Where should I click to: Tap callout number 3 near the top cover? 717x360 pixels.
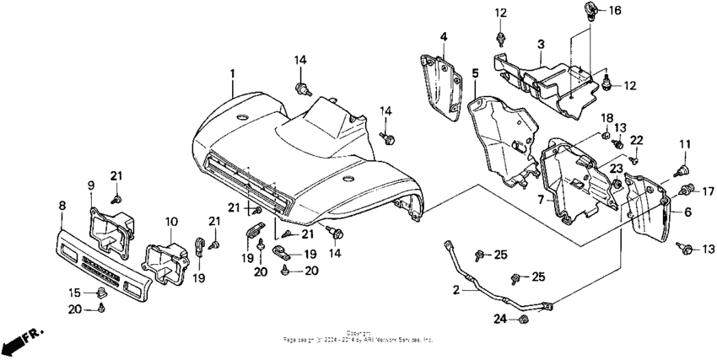(541, 44)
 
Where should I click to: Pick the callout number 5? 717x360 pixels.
(475, 74)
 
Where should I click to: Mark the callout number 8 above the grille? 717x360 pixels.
(62, 205)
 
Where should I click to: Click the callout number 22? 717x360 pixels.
(637, 139)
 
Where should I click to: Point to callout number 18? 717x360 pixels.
(607, 116)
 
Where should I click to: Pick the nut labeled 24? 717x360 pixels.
(522, 319)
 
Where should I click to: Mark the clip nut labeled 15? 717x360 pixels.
(100, 293)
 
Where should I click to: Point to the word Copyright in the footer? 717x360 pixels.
(358, 331)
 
